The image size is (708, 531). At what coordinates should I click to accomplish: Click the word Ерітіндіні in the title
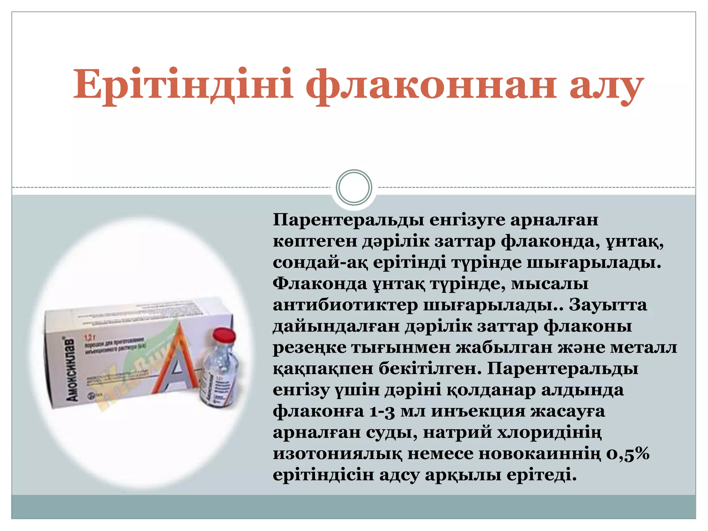(x=183, y=85)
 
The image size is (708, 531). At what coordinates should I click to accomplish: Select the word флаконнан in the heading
(x=431, y=85)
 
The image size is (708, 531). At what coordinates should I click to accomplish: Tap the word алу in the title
(x=607, y=85)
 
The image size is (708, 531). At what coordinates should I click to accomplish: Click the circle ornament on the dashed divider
(x=354, y=187)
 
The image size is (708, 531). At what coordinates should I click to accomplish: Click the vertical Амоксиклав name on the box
(x=70, y=370)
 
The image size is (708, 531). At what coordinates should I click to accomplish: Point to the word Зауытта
(x=607, y=305)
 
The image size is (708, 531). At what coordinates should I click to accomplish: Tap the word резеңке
(x=309, y=348)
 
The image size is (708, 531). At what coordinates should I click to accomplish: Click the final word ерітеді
(x=542, y=475)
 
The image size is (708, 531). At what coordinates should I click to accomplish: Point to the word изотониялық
(x=337, y=454)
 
